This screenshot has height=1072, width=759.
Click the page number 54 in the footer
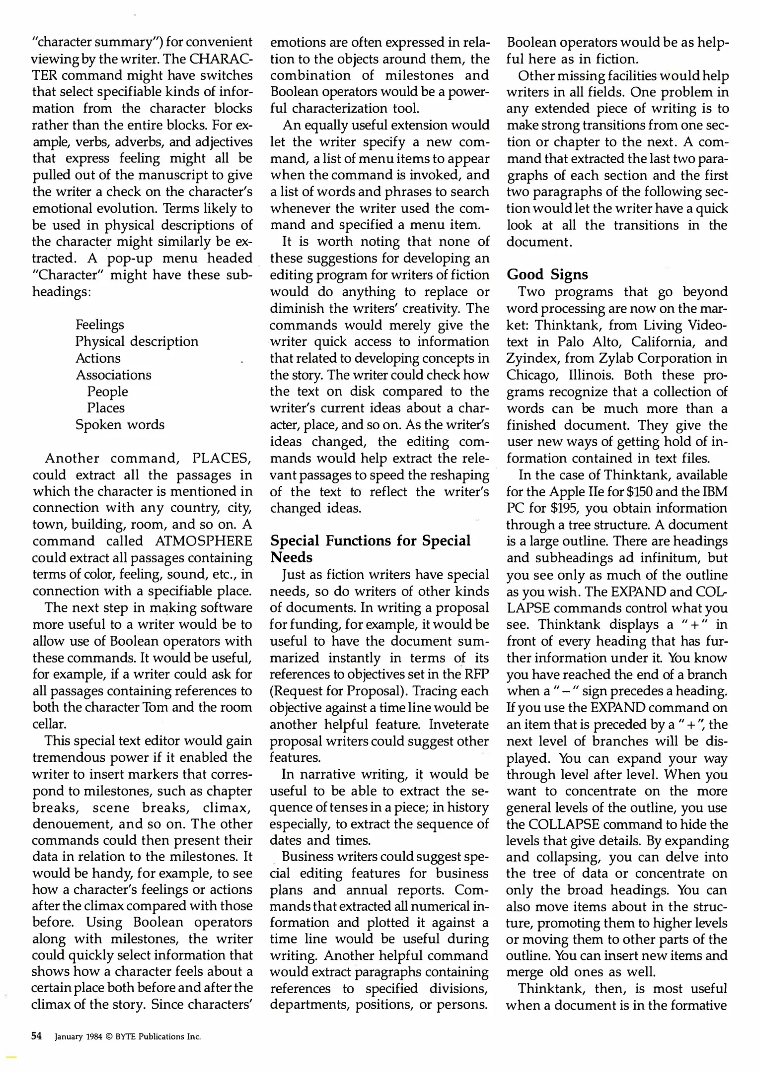pos(36,1036)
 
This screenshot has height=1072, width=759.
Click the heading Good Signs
pos(547,274)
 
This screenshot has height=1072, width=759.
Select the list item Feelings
pos(100,325)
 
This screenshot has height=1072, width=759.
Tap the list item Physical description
pos(137,341)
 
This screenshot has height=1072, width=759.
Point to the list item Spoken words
pos(120,425)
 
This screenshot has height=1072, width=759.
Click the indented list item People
pos(107,392)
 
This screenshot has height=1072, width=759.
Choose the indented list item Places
pos(106,408)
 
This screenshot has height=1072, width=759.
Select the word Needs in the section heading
pos(291,558)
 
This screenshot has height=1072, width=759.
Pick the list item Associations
pos(113,375)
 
